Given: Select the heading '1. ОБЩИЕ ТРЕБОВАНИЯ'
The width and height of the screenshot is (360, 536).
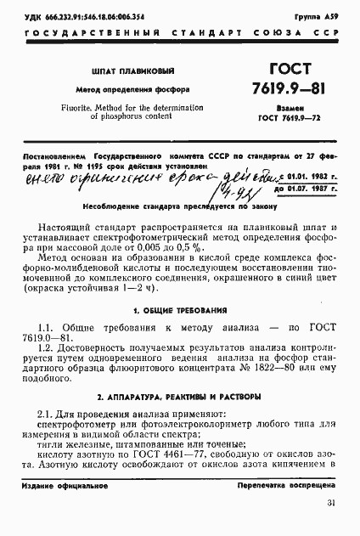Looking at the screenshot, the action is click(179, 311).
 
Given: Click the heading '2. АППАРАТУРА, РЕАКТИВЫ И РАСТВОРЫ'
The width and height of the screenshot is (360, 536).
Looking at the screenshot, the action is click(179, 397).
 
